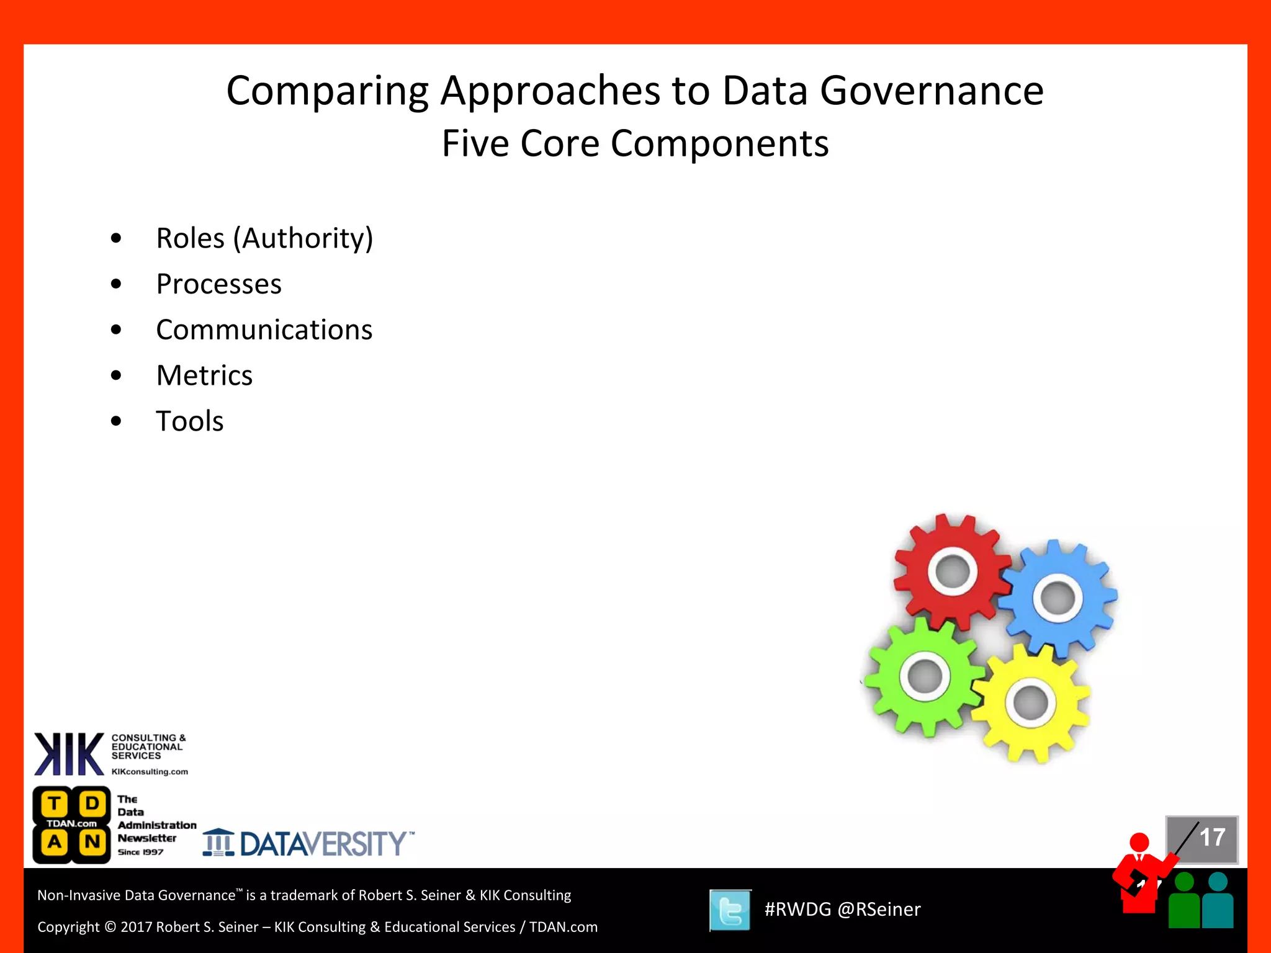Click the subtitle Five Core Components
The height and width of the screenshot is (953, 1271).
click(x=635, y=144)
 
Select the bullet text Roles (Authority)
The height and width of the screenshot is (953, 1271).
click(x=264, y=238)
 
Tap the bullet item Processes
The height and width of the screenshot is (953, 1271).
click(x=218, y=284)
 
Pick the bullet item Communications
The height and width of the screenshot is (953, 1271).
click(x=264, y=329)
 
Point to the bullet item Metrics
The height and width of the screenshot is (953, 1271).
click(x=204, y=375)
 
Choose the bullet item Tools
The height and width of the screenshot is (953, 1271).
click(x=189, y=421)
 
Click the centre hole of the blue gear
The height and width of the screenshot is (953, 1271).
click(x=1058, y=598)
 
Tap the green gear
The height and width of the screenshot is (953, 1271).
click(x=894, y=695)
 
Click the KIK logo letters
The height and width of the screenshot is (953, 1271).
click(x=69, y=754)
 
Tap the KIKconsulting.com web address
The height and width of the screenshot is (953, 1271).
click(x=150, y=772)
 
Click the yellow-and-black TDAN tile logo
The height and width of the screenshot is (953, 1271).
click(x=72, y=825)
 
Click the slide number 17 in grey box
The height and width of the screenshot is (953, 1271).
click(x=1211, y=838)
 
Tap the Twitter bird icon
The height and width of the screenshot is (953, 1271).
click(x=730, y=910)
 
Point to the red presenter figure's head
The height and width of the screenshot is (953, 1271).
click(x=1139, y=843)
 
